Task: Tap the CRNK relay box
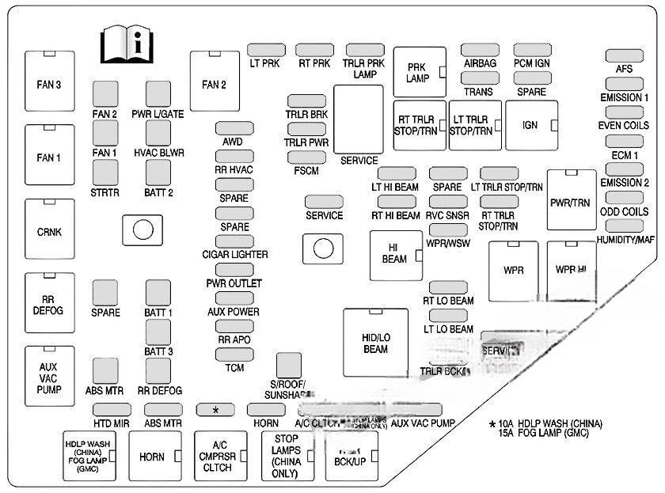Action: [49, 232]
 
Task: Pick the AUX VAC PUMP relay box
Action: [49, 379]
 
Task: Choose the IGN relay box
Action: [531, 125]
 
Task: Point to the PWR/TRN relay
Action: [570, 202]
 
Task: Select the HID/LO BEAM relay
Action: [375, 342]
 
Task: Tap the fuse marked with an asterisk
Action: [215, 409]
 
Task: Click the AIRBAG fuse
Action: [480, 51]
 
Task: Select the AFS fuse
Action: [624, 56]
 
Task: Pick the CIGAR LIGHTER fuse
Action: [234, 241]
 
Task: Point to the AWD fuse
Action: [234, 129]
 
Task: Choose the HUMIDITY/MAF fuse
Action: [625, 226]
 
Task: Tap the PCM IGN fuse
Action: [532, 51]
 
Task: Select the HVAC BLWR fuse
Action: [158, 135]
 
